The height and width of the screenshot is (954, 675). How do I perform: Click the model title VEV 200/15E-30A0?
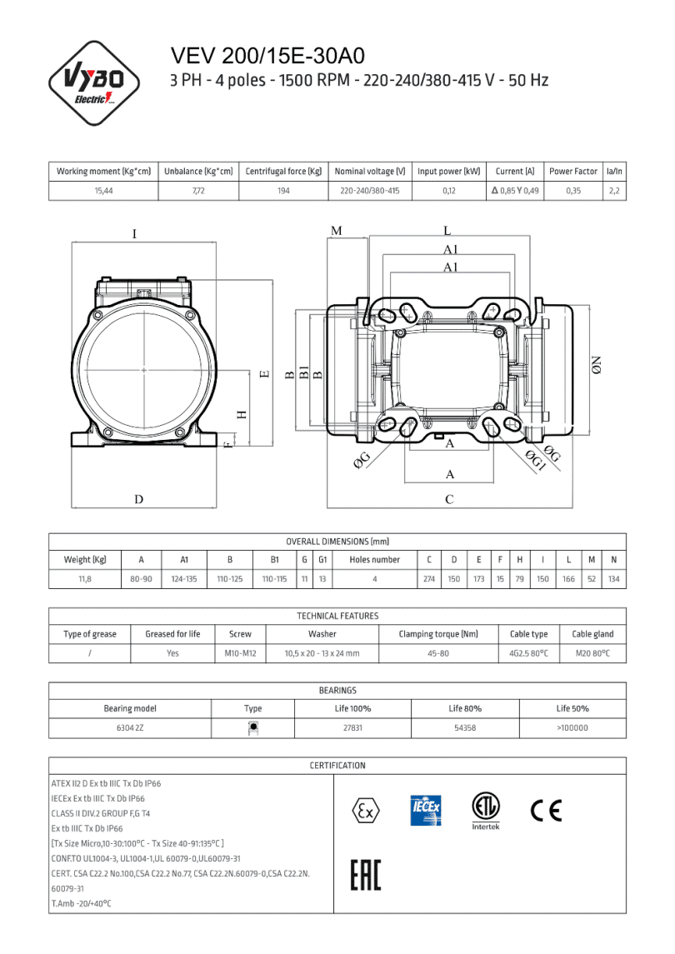click(x=267, y=56)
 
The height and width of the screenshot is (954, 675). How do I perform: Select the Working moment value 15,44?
click(x=103, y=191)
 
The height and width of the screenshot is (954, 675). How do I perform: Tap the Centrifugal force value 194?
click(x=283, y=191)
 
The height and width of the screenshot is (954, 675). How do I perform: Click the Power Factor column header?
click(x=572, y=171)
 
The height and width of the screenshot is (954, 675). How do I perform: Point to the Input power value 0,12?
click(x=448, y=191)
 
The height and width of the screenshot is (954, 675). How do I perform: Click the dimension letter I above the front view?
click(x=134, y=234)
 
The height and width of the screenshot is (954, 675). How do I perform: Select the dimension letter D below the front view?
click(x=139, y=499)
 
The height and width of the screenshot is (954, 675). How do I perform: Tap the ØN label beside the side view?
click(x=596, y=364)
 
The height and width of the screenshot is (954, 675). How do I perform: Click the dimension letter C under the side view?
click(x=449, y=500)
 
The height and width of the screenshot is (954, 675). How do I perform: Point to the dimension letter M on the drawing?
click(x=336, y=231)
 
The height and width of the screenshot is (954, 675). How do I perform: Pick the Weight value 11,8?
click(x=85, y=578)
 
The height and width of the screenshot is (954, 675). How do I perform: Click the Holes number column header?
click(x=374, y=560)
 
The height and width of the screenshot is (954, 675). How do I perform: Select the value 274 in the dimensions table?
click(x=429, y=578)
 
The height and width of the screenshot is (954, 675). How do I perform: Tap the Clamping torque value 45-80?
click(x=437, y=653)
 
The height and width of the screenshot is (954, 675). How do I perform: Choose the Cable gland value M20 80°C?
click(x=592, y=653)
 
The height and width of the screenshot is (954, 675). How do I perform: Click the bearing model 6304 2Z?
click(x=129, y=727)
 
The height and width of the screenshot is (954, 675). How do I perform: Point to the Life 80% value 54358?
click(x=464, y=727)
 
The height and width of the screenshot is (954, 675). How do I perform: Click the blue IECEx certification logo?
click(x=426, y=810)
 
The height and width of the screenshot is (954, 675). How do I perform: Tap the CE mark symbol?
click(x=546, y=810)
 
